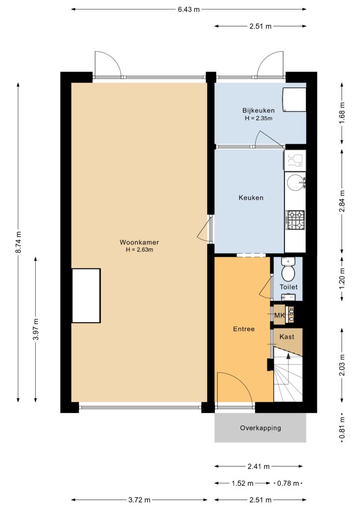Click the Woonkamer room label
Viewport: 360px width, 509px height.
tap(139, 242)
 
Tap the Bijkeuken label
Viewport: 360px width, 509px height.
tap(259, 110)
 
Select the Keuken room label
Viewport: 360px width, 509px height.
tap(251, 197)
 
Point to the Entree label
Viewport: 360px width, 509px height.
tap(244, 329)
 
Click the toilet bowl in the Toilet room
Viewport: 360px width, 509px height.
tap(287, 270)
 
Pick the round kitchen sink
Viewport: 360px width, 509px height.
tap(295, 182)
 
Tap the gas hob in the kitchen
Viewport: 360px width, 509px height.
tap(295, 219)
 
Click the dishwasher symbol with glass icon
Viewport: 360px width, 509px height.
tap(295, 160)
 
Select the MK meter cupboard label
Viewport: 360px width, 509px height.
tap(279, 315)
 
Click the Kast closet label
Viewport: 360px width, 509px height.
tap(287, 337)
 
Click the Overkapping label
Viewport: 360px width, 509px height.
tap(261, 428)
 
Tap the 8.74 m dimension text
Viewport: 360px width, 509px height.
tap(19, 242)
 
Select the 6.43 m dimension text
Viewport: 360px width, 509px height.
tap(188, 9)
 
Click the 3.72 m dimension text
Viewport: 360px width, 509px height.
tap(139, 500)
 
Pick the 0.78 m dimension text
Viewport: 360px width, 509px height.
tap(288, 483)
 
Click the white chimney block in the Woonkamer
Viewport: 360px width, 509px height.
tap(86, 296)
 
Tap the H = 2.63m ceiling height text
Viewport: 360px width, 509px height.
tap(139, 250)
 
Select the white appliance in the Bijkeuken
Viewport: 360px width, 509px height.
tap(294, 99)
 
